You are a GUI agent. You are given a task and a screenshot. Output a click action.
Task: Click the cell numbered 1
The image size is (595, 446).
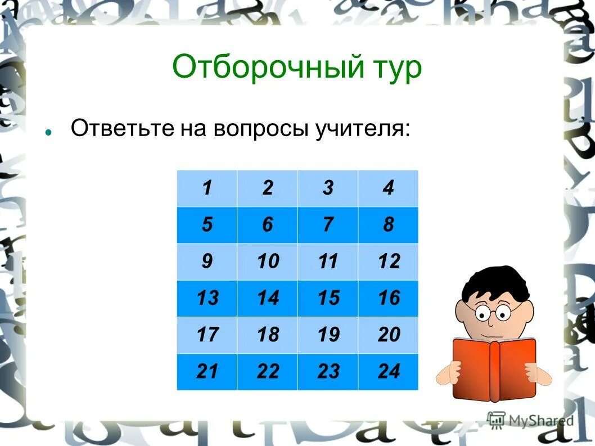207,188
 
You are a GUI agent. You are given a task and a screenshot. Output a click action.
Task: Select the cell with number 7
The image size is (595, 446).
328,225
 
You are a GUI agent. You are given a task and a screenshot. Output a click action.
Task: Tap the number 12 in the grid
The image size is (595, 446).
389,262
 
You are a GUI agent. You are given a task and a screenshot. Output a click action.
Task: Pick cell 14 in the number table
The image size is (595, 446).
268,298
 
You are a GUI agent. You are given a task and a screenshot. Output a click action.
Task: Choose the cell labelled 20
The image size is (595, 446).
389,335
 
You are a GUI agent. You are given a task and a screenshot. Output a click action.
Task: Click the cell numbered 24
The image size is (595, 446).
389,371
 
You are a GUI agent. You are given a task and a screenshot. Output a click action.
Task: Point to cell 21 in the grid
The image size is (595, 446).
207,371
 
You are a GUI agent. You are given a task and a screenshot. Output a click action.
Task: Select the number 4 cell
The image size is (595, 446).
389,188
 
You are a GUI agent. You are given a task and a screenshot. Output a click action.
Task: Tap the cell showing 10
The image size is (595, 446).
268,262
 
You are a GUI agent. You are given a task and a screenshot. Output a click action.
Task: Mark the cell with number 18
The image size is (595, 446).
268,335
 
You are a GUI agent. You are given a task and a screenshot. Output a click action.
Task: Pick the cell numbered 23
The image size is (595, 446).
328,371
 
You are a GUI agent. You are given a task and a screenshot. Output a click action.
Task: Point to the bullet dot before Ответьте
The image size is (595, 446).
49,134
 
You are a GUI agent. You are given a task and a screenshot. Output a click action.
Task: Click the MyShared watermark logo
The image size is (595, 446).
531,420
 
